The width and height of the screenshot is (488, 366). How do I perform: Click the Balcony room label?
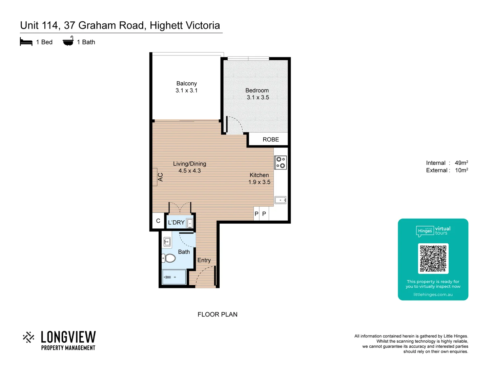(x=186, y=83)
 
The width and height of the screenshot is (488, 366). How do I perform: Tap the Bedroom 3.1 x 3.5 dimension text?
(x=258, y=98)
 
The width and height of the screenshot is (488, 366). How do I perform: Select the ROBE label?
(x=270, y=140)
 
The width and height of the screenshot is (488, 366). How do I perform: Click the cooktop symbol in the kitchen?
(x=280, y=162)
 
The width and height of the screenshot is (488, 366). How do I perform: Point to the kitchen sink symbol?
(x=280, y=200)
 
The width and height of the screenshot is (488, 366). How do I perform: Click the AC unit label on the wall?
(x=160, y=177)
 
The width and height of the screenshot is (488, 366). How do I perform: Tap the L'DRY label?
(x=176, y=223)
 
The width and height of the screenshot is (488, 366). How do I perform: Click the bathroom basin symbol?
(x=167, y=242)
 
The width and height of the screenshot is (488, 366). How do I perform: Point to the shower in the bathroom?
(x=174, y=277)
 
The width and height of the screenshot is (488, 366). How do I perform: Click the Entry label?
(x=204, y=260)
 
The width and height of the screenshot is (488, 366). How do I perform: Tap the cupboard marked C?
(x=158, y=221)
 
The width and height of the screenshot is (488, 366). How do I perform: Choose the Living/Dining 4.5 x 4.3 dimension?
(x=189, y=171)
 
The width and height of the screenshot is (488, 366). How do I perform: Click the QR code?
(x=433, y=259)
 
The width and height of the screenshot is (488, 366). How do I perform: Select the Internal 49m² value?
(x=461, y=163)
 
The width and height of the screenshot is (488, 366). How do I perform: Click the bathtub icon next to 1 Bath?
(x=68, y=41)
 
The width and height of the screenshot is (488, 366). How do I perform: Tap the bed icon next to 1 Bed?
(x=26, y=42)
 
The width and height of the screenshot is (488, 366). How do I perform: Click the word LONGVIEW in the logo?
(x=68, y=337)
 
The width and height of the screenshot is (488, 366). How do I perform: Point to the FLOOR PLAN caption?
(x=217, y=314)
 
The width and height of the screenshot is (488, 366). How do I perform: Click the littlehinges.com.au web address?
(x=433, y=294)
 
